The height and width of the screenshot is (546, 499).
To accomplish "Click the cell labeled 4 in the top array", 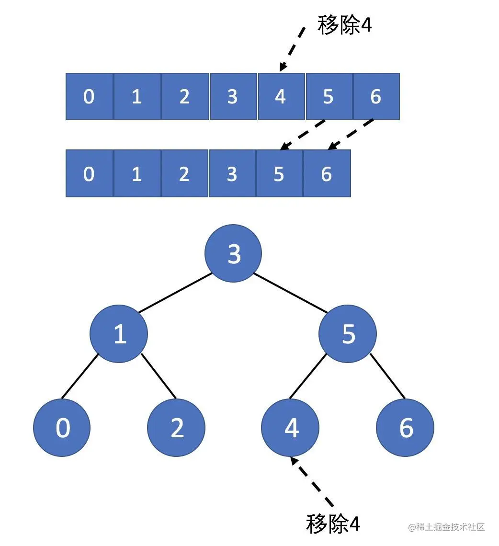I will pos(281,96).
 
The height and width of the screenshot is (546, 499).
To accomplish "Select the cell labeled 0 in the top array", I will pos(89,96).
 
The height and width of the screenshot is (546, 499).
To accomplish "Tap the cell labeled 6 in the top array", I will pos(376,96).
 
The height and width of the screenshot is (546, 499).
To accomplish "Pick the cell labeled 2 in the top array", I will pos(185,96).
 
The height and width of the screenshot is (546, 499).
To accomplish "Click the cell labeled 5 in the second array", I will pos(279,173).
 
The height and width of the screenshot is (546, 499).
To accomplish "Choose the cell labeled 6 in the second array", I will pos(327,173).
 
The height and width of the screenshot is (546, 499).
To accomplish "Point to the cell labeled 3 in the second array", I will pos(232,173).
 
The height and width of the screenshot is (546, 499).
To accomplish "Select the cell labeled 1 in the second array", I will pos(137,173).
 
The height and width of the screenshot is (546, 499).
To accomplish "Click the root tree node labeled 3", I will pos(233,253).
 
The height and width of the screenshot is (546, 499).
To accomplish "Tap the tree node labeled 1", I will pos(119,333).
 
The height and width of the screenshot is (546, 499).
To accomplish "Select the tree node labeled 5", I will pos(348,333).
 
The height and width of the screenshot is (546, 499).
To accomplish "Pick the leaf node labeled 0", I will pos(62,427).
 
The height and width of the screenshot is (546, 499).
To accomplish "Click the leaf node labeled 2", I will pos(176,427).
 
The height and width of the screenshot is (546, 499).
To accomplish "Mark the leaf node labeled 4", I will pos(291,427).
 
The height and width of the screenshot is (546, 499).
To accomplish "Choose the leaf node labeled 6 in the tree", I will pos(405,427).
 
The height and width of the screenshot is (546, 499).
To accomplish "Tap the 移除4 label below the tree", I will pos(333,523).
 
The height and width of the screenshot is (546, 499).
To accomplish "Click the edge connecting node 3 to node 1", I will pos(176,293).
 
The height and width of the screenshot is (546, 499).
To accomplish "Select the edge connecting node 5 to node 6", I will pos(387,376).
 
